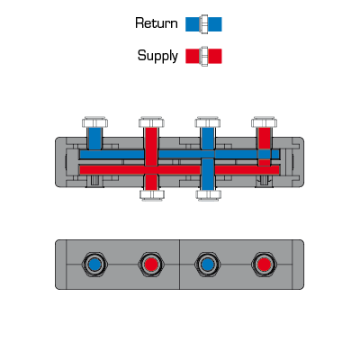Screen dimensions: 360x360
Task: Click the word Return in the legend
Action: pyautogui.click(x=157, y=23)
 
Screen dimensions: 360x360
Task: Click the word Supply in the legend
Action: pyautogui.click(x=157, y=56)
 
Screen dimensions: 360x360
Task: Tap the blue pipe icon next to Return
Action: pyautogui.click(x=203, y=24)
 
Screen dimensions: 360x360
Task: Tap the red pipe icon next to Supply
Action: pyautogui.click(x=203, y=56)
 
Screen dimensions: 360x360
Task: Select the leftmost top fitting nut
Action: pyautogui.click(x=95, y=122)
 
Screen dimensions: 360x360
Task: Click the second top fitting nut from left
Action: pyautogui.click(x=151, y=122)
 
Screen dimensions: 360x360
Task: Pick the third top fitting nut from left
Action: pyautogui.click(x=208, y=122)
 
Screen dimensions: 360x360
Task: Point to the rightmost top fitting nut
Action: pyautogui.click(x=264, y=122)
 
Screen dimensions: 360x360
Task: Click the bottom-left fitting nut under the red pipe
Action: pyautogui.click(x=152, y=195)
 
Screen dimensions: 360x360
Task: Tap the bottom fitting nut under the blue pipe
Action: pyautogui.click(x=208, y=195)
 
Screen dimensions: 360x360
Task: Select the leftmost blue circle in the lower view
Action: pyautogui.click(x=94, y=265)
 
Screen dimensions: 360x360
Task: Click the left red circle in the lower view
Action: pyautogui.click(x=151, y=265)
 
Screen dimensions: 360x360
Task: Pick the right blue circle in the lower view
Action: pyautogui.click(x=208, y=265)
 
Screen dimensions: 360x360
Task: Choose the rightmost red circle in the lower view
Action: pyautogui.click(x=264, y=265)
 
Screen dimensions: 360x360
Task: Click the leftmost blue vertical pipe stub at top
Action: pyautogui.click(x=95, y=139)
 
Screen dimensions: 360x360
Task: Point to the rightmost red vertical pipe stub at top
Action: pyautogui.click(x=265, y=139)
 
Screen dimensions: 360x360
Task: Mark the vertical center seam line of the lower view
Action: pyautogui.click(x=180, y=265)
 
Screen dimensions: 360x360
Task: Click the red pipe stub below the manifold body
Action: pyautogui.click(x=152, y=182)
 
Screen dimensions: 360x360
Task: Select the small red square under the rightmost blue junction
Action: pyautogui.click(x=265, y=162)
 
